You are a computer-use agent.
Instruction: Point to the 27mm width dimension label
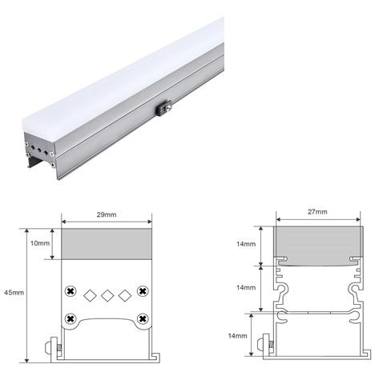[317, 211]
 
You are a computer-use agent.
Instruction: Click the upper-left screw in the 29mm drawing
[71, 290]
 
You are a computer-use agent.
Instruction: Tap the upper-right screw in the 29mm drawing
[143, 290]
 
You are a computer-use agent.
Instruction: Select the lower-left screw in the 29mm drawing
[71, 318]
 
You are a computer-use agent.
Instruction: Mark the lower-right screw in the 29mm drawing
[143, 318]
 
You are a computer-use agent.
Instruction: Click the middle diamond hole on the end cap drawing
[107, 295]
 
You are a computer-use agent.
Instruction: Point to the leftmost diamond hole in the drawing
[90, 295]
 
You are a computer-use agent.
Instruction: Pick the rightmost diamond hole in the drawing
[123, 295]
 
